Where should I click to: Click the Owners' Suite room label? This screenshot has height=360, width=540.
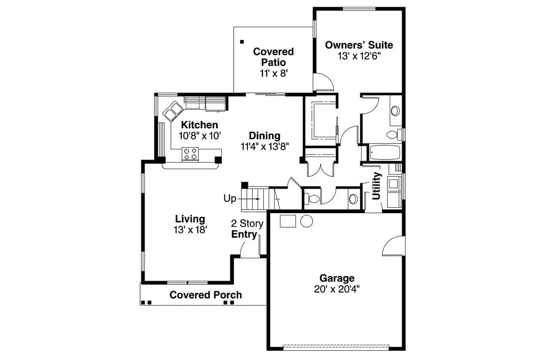[359, 45]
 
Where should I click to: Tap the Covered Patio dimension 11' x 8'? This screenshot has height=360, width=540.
[273, 73]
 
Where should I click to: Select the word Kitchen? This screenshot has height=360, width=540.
[200, 125]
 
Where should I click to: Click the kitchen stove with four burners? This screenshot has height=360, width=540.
[190, 154]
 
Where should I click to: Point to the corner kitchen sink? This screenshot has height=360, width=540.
[173, 111]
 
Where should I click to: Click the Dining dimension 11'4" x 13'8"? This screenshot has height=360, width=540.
[265, 146]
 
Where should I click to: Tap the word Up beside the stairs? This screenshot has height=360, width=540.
[230, 198]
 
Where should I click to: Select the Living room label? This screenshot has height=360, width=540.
[190, 219]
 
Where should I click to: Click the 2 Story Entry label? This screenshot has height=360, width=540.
[247, 229]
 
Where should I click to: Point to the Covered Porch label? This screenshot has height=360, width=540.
[205, 295]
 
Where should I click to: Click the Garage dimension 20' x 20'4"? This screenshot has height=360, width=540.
[337, 289]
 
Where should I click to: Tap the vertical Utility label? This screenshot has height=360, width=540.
[377, 186]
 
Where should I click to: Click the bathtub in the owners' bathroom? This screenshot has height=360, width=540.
[384, 153]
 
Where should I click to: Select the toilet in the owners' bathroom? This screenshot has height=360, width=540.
[393, 135]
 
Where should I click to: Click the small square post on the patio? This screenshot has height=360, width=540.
[242, 41]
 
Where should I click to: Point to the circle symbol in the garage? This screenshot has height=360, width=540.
[306, 221]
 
